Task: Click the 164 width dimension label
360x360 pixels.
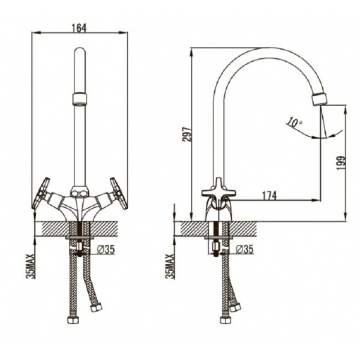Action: [79, 28]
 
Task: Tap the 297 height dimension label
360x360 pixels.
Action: [187, 134]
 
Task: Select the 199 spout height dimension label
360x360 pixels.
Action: [341, 163]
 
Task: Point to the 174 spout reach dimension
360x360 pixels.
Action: [269, 196]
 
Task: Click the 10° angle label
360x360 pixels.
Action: [295, 122]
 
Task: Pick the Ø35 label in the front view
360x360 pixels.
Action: [106, 250]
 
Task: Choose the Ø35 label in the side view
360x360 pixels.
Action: [245, 249]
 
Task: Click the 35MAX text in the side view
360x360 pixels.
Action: [170, 266]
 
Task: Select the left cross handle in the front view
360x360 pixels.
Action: [41, 193]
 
